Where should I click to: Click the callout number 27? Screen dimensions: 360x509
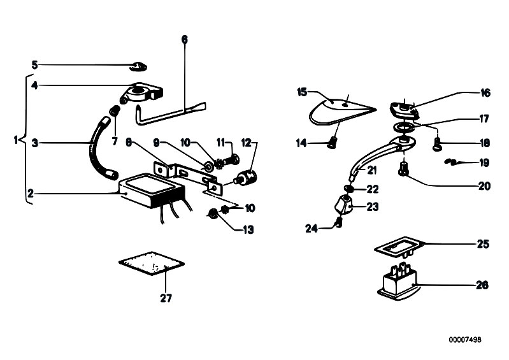pos(166,298)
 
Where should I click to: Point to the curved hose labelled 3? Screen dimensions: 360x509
pos(96,143)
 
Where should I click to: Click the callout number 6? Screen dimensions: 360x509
pos(185,40)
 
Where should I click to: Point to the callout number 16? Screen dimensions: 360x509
pos(485,93)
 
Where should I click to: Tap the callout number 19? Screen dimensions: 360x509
pos(485,163)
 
